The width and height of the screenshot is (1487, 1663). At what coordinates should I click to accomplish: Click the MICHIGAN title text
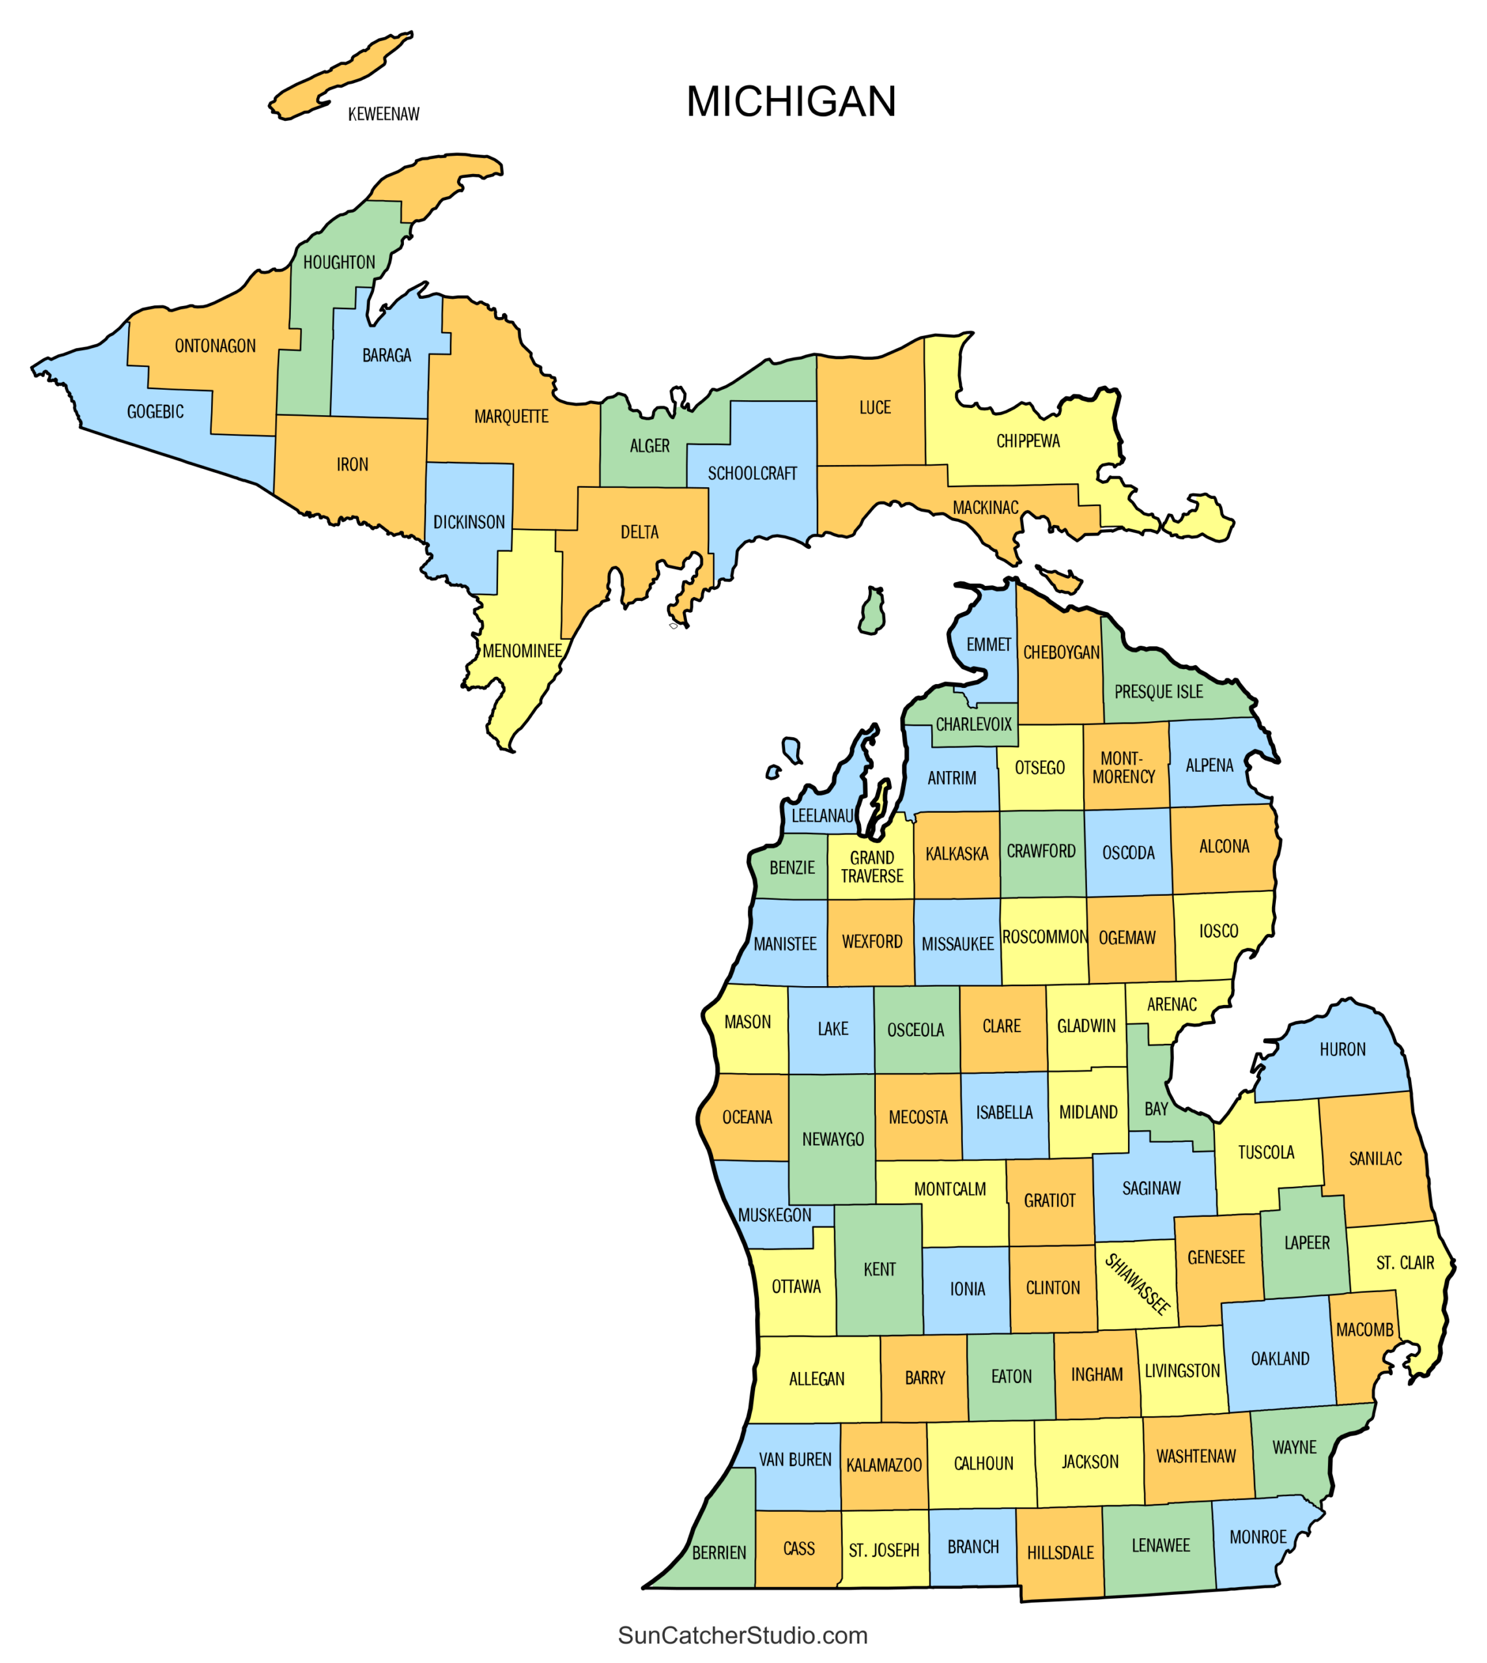[x=791, y=102]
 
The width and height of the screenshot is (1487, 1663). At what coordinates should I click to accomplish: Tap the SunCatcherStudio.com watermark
[x=742, y=1635]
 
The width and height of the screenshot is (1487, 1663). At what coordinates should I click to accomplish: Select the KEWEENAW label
[x=383, y=114]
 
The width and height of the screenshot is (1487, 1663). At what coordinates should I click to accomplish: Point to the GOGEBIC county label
[x=155, y=412]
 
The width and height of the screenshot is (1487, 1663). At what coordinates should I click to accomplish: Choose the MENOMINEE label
[x=522, y=652]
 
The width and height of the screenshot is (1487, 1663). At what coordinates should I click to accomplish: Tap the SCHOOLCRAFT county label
[x=752, y=474]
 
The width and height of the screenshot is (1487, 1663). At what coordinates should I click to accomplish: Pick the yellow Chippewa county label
[x=1027, y=441]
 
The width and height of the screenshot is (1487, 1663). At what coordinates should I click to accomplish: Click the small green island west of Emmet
[x=873, y=611]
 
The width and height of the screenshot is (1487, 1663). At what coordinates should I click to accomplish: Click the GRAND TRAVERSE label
[x=872, y=867]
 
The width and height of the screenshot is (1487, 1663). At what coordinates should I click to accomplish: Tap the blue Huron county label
[x=1342, y=1049]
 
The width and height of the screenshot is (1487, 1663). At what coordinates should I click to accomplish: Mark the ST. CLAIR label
[x=1405, y=1263]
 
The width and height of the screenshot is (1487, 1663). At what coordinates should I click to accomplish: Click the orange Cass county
[x=798, y=1549]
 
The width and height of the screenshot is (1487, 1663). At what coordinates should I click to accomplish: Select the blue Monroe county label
[x=1257, y=1537]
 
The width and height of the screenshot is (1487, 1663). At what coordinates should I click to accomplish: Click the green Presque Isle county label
[x=1158, y=692]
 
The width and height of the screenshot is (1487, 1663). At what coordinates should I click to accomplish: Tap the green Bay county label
[x=1155, y=1109]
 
